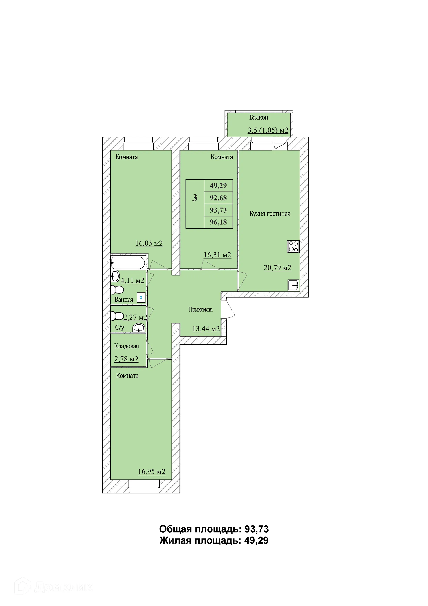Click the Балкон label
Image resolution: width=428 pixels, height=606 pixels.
click(259, 117)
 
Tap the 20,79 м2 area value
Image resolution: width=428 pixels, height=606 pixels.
click(278, 267)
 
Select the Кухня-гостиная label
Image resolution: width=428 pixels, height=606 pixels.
click(270, 214)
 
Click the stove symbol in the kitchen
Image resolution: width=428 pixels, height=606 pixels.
click(293, 246)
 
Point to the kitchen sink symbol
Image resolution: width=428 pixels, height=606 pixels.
click(293, 285)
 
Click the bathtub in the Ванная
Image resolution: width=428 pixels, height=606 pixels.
click(128, 263)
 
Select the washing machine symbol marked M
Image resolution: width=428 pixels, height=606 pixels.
click(141, 297)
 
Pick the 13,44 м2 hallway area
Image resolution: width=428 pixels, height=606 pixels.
click(206, 329)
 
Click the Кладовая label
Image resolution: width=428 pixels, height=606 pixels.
click(127, 346)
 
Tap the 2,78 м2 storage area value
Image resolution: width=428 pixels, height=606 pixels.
click(126, 359)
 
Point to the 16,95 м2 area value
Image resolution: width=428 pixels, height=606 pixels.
click(152, 471)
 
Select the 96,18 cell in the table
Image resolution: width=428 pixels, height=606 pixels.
click(218, 222)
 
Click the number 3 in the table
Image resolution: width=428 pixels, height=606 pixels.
click(195, 198)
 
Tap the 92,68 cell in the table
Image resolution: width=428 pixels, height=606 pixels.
click(218, 198)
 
